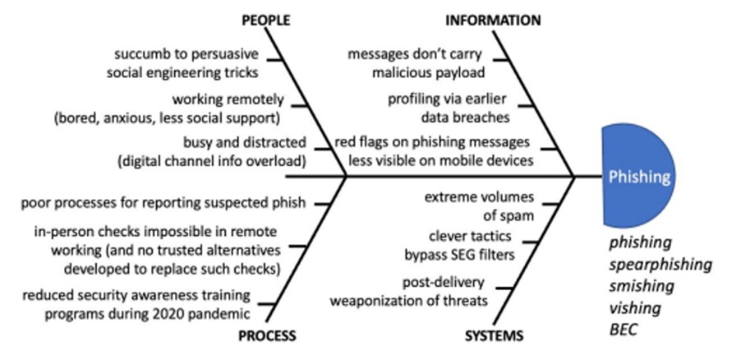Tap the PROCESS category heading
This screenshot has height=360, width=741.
(x=267, y=335)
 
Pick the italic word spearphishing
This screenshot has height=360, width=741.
(x=660, y=265)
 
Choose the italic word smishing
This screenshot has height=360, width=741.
(x=642, y=287)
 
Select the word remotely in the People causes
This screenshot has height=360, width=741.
(x=254, y=99)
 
